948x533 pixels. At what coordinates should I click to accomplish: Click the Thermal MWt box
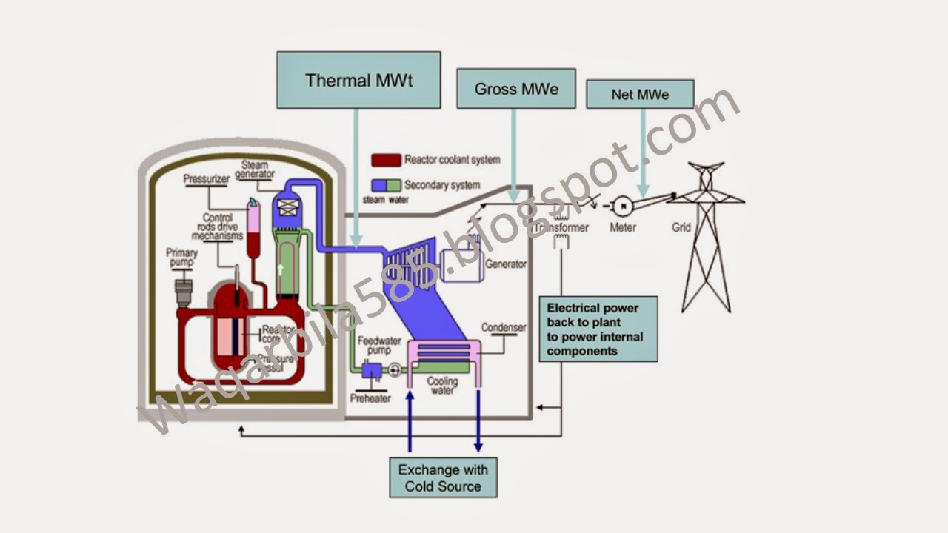point(358,80)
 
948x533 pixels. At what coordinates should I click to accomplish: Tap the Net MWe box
point(640,95)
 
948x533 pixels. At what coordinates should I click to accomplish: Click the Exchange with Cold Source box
point(443,477)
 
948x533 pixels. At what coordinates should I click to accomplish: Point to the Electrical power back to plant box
point(598,329)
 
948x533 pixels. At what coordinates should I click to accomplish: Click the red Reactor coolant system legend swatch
point(386,160)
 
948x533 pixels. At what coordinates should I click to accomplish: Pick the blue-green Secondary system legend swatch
point(386,184)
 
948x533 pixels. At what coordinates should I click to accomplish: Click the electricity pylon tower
point(706,237)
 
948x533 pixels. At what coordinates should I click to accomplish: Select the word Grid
point(681,227)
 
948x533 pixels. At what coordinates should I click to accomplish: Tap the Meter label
point(622,227)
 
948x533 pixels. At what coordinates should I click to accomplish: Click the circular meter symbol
point(622,204)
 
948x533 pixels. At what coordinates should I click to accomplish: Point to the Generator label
point(506,264)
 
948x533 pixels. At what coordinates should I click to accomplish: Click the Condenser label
point(504,327)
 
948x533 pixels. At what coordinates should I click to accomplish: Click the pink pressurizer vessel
point(254,222)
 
